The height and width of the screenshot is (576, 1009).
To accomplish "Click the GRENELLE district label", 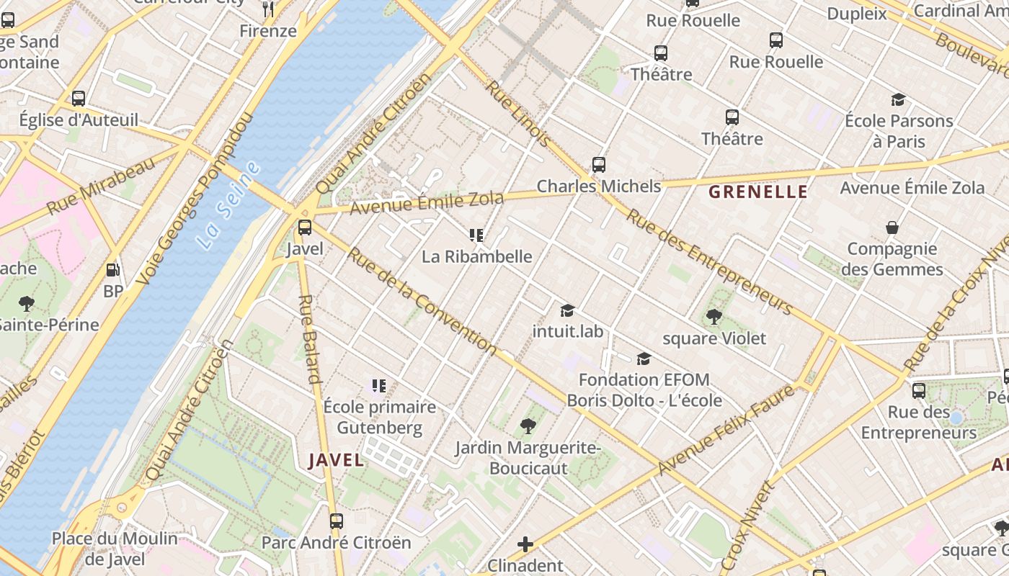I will [x=757, y=192].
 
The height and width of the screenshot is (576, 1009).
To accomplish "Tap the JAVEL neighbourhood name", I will [x=337, y=460].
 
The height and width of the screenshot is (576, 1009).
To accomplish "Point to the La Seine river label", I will [x=228, y=205].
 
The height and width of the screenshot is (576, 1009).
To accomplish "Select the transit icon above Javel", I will [x=305, y=228].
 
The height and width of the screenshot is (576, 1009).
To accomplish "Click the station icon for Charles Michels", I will [x=599, y=165].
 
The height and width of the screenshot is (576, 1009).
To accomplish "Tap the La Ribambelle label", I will [x=476, y=256].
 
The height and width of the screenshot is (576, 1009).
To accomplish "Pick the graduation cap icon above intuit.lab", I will [x=568, y=310].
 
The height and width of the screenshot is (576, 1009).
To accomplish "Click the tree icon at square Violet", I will [x=714, y=317].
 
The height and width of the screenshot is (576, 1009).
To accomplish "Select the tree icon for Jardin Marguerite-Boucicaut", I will [x=528, y=426].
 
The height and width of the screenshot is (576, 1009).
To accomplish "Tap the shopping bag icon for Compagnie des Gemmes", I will [x=892, y=228].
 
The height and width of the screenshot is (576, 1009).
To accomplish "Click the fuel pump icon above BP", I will [x=112, y=270].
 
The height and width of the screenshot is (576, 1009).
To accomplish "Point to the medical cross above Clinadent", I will [x=525, y=544].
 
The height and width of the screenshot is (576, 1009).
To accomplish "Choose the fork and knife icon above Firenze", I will [x=268, y=9].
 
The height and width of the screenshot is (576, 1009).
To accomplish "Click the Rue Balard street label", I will [x=308, y=338].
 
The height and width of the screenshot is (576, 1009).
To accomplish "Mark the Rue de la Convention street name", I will [x=422, y=301].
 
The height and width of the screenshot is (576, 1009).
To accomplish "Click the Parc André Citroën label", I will [x=336, y=542].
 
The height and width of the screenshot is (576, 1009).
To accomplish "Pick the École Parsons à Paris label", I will [x=899, y=130].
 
